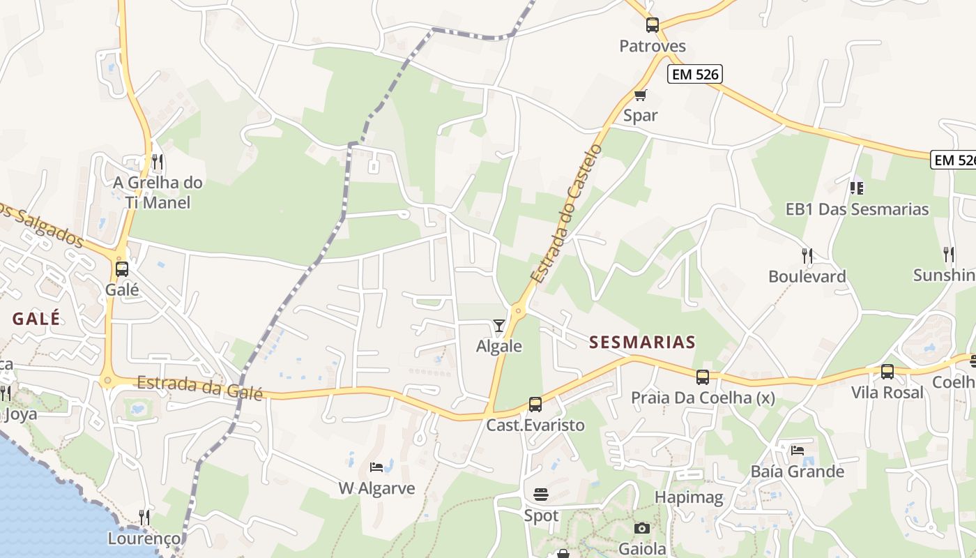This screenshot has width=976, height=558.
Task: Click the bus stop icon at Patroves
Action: point(653,25)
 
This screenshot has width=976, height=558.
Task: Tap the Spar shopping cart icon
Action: point(640,95)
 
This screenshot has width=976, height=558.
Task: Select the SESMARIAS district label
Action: point(642,342)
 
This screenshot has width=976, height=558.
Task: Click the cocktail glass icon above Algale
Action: point(499,325)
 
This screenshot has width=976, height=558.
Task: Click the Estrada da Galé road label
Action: point(199,387)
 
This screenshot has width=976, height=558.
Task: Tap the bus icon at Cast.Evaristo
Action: point(535,404)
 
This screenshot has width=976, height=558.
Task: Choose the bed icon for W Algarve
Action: point(376,467)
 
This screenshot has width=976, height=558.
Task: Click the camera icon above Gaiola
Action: point(642,528)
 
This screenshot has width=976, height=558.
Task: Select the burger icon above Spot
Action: point(541,495)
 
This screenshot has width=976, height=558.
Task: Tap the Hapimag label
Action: point(689,497)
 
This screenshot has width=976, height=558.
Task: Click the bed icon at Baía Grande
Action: point(798,450)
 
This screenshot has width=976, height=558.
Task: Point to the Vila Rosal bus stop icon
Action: point(887,372)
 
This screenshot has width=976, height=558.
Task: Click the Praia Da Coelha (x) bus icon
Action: point(703,377)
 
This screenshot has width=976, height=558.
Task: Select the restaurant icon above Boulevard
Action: point(807,255)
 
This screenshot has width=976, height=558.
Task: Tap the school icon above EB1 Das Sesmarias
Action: point(857,188)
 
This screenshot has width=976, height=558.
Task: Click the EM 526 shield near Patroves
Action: point(694,74)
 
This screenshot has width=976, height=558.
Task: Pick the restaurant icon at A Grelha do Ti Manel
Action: point(158,162)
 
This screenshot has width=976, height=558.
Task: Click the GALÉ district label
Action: point(36,319)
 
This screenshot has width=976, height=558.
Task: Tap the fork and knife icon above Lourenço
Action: point(144,517)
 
